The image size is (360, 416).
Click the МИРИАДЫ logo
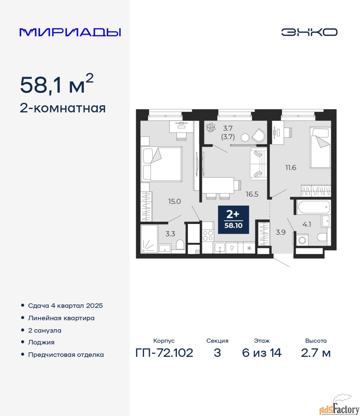click(70, 32)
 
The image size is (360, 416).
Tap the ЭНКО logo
click(309, 32)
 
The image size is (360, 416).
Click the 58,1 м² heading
click(57, 84)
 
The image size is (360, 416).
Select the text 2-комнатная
click(63, 109)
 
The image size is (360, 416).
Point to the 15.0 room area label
click(174, 201)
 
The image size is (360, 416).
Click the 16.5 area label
click(252, 194)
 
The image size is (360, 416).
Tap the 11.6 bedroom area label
click(291, 167)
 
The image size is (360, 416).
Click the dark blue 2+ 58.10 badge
click(234, 220)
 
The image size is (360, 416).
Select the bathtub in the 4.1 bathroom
click(314, 207)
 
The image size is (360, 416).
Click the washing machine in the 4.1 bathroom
click(302, 240)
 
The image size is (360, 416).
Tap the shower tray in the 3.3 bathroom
click(149, 239)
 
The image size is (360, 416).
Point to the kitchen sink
click(220, 248)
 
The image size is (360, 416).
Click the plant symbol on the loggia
click(211, 128)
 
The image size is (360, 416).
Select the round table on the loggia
click(245, 138)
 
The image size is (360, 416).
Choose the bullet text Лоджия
click(41, 342)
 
